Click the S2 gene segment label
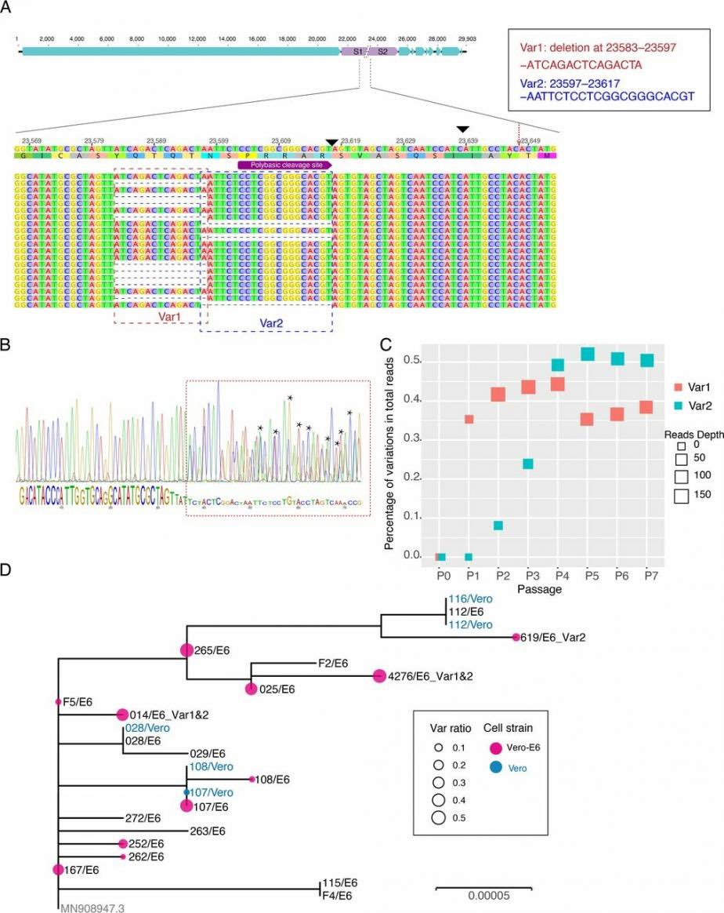click(382, 51)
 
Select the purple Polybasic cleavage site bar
click(285, 166)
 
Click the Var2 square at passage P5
click(588, 355)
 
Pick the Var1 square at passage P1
click(469, 419)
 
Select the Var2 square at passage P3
click(528, 464)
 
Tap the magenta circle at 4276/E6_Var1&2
click(379, 675)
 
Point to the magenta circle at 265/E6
click(186, 649)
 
